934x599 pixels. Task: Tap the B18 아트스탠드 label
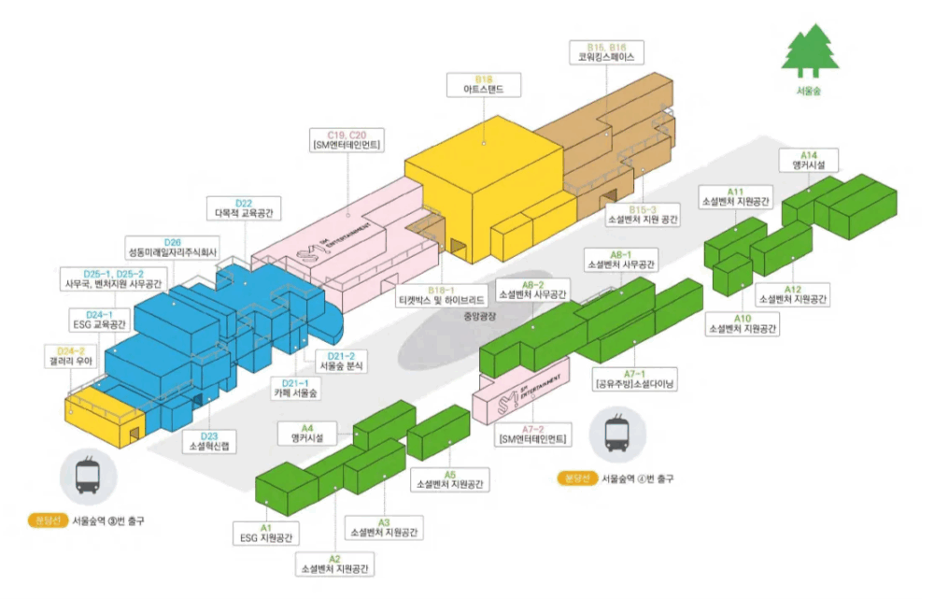tap(484, 85)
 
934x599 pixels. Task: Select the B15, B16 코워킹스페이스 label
tap(605, 50)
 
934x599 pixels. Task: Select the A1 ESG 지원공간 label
tap(266, 533)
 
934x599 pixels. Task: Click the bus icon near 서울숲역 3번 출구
tap(89, 474)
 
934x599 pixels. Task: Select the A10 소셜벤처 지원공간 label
tap(743, 323)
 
